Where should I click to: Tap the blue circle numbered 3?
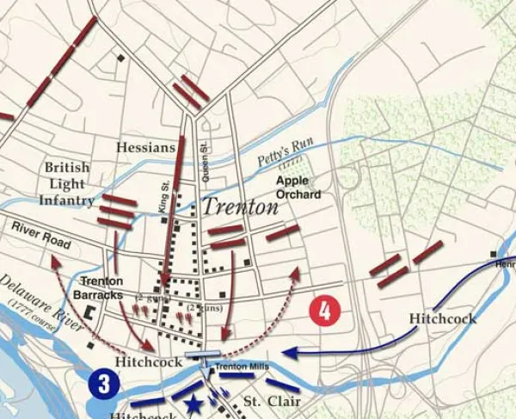(x=103, y=385)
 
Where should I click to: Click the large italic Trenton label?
(x=241, y=207)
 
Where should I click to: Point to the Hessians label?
(x=146, y=148)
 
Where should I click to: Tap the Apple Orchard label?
(x=298, y=188)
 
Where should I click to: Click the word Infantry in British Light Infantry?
(x=66, y=200)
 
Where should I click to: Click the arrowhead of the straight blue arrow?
(x=287, y=351)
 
